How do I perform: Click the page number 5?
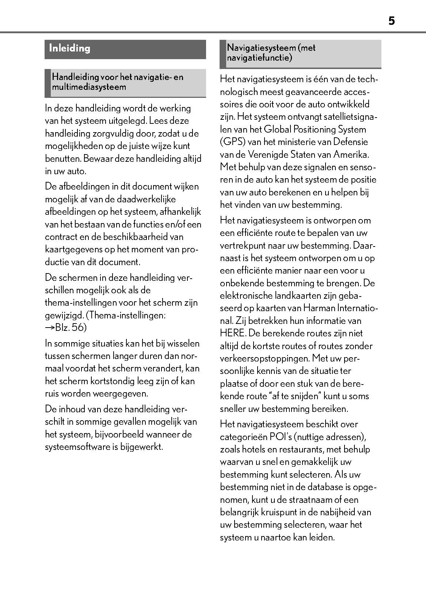pyautogui.click(x=391, y=21)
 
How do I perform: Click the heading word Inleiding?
pyautogui.click(x=69, y=48)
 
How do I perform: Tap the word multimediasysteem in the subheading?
pyautogui.click(x=89, y=87)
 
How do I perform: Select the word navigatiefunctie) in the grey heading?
pyautogui.click(x=259, y=58)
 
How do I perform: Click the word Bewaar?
pyautogui.click(x=97, y=158)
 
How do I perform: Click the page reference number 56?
pyautogui.click(x=78, y=328)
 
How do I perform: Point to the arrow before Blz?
pyautogui.click(x=50, y=328)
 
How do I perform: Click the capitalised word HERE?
pyautogui.click(x=232, y=333)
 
